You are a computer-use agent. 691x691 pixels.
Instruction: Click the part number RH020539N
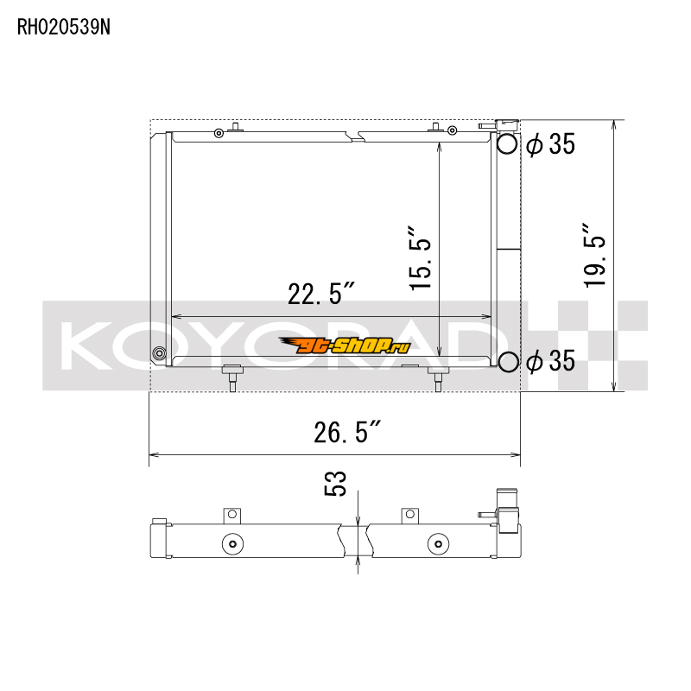pos(64,27)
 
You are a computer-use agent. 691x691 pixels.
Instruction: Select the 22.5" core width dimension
pos(322,295)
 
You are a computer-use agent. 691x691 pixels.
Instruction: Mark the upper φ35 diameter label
pos(550,145)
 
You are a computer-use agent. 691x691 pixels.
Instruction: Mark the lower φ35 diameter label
pos(550,361)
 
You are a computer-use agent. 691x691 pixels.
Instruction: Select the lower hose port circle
pos(508,363)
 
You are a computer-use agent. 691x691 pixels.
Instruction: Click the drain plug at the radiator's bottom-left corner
pos(158,353)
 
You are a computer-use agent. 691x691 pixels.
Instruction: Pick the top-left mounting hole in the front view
pos(219,132)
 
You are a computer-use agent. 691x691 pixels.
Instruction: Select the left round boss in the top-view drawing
pos(231,544)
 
